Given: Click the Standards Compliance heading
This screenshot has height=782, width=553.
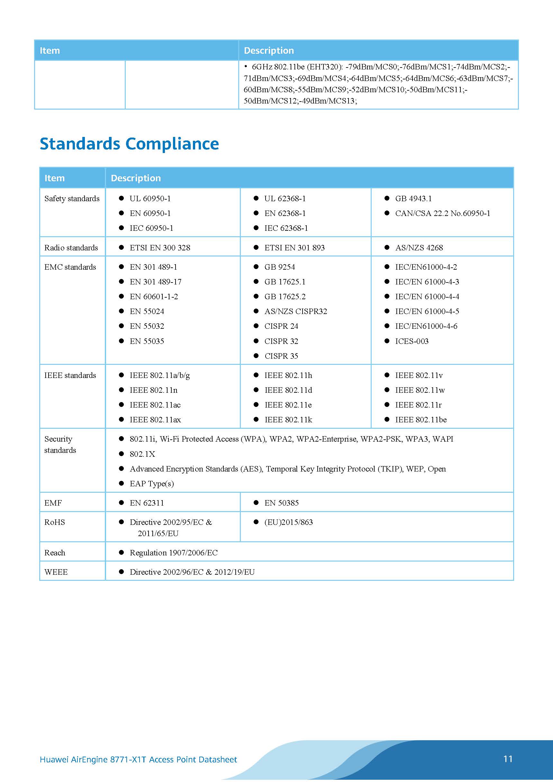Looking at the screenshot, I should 129,144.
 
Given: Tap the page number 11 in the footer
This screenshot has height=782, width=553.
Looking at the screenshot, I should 508,759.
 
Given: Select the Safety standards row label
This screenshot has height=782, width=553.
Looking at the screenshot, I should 72,199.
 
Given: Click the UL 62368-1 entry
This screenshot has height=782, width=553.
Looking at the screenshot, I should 285,199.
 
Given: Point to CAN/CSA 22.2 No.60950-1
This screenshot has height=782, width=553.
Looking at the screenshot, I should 442,213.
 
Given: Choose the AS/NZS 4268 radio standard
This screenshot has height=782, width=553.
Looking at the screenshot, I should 419,247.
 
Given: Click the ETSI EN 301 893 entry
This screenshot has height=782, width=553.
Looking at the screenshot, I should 295,247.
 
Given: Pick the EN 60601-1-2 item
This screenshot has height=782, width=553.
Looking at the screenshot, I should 154,297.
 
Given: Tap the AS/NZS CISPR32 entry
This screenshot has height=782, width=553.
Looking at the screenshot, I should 295,311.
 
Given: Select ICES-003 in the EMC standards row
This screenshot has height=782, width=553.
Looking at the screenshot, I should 412,341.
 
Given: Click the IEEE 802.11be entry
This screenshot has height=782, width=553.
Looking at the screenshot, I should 421,420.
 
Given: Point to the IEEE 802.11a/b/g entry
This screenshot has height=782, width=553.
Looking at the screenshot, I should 159,375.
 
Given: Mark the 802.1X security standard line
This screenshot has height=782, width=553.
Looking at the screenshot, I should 142,454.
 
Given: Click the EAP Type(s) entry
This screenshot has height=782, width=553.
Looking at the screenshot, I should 152,484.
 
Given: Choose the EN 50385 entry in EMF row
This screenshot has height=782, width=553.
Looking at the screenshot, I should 281,503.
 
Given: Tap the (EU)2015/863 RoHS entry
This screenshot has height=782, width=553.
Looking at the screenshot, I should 288,522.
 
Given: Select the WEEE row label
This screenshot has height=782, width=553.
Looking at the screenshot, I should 56,572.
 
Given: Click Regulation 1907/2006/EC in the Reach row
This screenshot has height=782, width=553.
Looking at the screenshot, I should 173,553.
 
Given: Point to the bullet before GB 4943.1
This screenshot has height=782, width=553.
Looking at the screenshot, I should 387,198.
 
